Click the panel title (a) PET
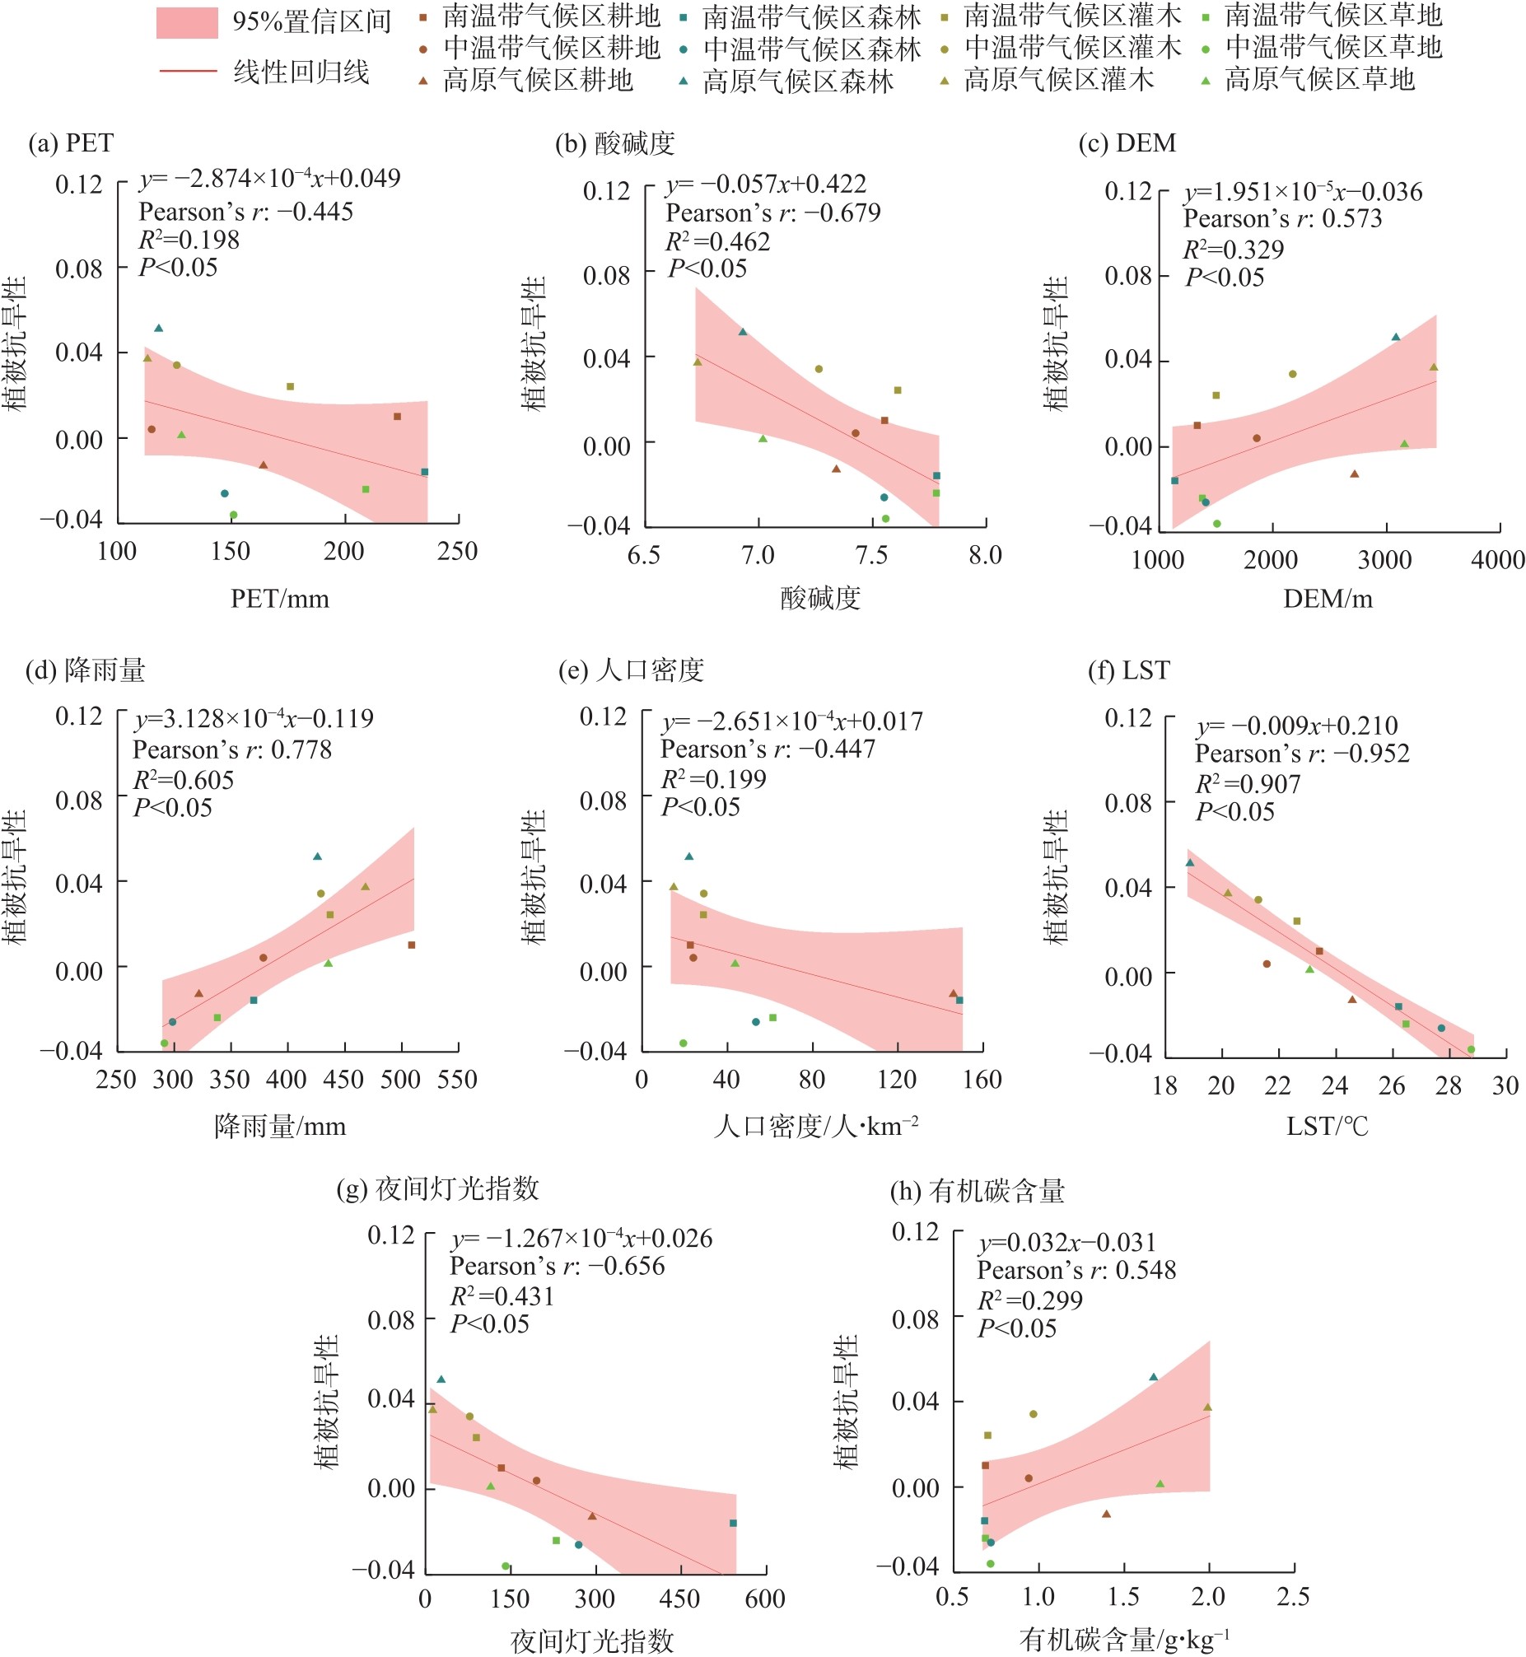pos(71,142)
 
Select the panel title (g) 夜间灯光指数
pos(437,1189)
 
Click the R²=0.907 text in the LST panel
pos(1248,783)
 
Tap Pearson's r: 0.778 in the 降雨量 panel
pos(232,749)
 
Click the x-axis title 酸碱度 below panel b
pos(820,598)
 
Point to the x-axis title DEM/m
pos(1328,599)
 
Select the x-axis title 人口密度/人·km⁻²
pos(816,1126)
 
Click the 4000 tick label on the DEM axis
pos(1498,560)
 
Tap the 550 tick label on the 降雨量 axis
pos(457,1079)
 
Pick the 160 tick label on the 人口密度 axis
pos(982,1079)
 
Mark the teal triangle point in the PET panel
pos(159,329)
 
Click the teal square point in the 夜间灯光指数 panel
pos(733,1524)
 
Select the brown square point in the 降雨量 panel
pos(411,945)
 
